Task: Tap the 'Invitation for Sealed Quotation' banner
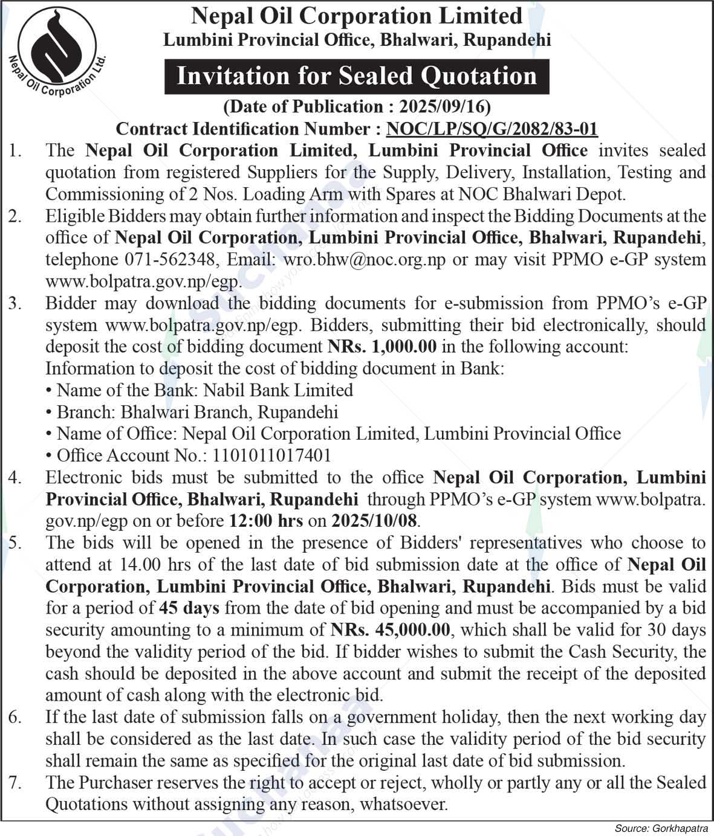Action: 357,76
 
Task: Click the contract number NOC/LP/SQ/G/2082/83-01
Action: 492,129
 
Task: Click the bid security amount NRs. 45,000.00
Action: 391,630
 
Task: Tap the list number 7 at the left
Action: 15,783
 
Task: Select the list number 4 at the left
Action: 15,478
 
